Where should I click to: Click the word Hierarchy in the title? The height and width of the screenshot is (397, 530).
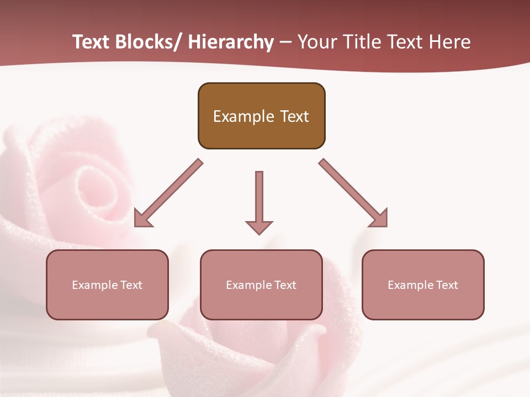coord(231,42)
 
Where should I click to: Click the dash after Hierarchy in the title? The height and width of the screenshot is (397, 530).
coord(285,43)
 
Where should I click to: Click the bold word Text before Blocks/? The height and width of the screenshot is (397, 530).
coord(91,42)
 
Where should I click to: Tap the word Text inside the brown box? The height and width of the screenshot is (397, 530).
coord(292,116)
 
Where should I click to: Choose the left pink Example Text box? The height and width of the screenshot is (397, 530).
coord(107,285)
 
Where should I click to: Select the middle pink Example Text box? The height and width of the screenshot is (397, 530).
coord(261,285)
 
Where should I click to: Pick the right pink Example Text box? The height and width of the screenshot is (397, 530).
coord(423,285)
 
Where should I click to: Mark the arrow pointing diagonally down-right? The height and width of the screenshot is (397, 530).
coord(354,194)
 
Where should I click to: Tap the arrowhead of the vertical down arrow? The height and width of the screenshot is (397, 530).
coord(259,227)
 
